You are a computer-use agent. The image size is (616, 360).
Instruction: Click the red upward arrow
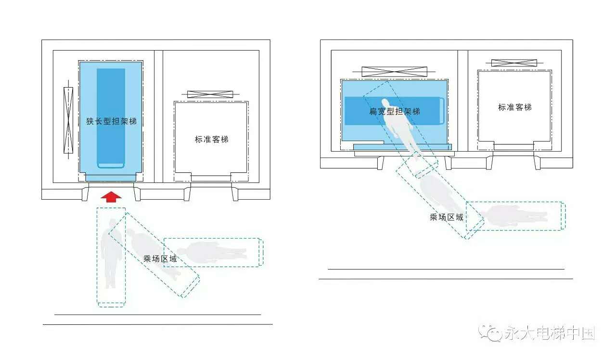[111, 197]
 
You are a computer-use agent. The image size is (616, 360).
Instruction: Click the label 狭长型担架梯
[111, 121]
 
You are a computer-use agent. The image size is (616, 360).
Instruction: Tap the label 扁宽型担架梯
[395, 111]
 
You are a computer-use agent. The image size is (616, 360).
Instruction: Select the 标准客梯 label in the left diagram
[211, 140]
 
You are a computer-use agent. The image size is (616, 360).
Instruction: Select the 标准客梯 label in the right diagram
[515, 107]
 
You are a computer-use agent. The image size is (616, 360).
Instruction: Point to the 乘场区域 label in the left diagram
[160, 259]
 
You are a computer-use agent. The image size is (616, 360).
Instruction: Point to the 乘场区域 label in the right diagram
[446, 217]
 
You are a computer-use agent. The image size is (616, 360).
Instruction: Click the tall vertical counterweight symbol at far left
[68, 120]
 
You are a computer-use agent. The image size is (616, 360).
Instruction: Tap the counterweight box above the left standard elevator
[210, 94]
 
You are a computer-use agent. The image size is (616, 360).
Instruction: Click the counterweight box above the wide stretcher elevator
[394, 72]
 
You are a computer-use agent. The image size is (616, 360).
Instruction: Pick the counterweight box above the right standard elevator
[514, 63]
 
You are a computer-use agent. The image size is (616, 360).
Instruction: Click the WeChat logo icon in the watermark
[490, 333]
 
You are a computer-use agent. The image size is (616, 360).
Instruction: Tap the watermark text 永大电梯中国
[550, 333]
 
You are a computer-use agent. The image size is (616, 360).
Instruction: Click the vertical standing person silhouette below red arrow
[111, 254]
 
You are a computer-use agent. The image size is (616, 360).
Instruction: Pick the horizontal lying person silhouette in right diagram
[514, 216]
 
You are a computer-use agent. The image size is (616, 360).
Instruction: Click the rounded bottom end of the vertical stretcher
[111, 165]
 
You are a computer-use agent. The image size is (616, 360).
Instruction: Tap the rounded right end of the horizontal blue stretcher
[442, 111]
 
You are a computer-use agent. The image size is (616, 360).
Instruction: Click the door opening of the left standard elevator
[211, 178]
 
